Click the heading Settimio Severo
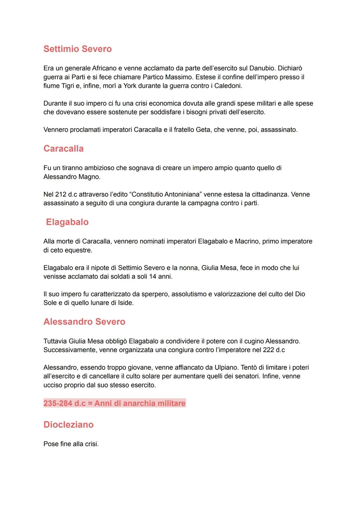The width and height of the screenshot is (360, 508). [x=77, y=49]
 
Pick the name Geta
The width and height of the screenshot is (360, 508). [x=203, y=130]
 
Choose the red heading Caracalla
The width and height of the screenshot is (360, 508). [x=63, y=149]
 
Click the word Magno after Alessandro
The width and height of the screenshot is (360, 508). [x=89, y=177]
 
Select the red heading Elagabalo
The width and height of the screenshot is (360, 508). [x=67, y=222]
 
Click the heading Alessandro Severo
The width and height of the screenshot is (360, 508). [x=84, y=322]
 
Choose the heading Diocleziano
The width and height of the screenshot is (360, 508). [x=68, y=425]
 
